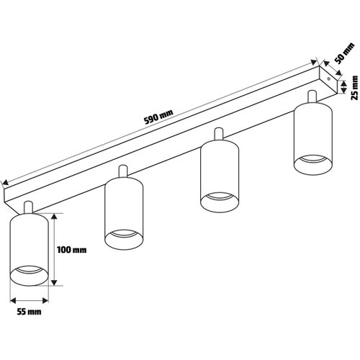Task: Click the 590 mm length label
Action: pyautogui.click(x=158, y=117)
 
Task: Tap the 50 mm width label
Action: pyautogui.click(x=344, y=53)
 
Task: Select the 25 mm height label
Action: pyautogui.click(x=354, y=88)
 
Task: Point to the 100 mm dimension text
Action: pyautogui.click(x=72, y=250)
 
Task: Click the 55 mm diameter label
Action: pyautogui.click(x=29, y=312)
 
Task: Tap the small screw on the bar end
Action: pyautogui.click(x=329, y=78)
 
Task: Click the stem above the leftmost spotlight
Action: pyautogui.click(x=28, y=207)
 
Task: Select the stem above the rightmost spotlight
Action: pyautogui.click(x=312, y=96)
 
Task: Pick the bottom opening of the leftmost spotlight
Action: pyautogui.click(x=29, y=276)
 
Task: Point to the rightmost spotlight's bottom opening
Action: pyautogui.click(x=313, y=165)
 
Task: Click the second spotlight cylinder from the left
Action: pyautogui.click(x=124, y=214)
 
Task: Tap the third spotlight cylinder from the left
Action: pyautogui.click(x=220, y=176)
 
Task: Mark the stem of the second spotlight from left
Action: pyautogui.click(x=123, y=171)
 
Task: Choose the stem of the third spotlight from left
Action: pyautogui.click(x=219, y=135)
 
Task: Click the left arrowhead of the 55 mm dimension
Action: pyautogui.click(x=13, y=300)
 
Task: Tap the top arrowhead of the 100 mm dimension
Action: pyautogui.click(x=55, y=216)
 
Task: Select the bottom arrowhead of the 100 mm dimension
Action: pyautogui.click(x=55, y=282)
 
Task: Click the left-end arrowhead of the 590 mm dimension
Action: pyautogui.click(x=5, y=183)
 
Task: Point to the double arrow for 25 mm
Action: pyautogui.click(x=344, y=86)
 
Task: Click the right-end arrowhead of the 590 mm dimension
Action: pyautogui.click(x=314, y=62)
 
